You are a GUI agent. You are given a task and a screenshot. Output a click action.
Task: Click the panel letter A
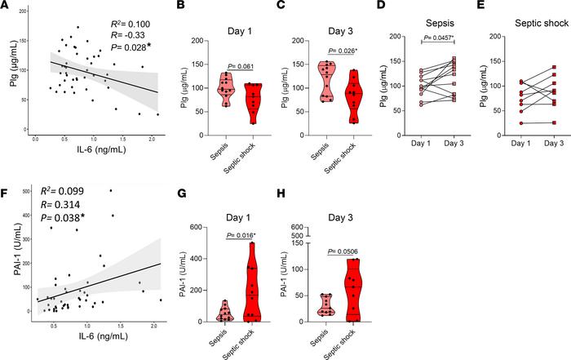pyautogui.click(x=7, y=8)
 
